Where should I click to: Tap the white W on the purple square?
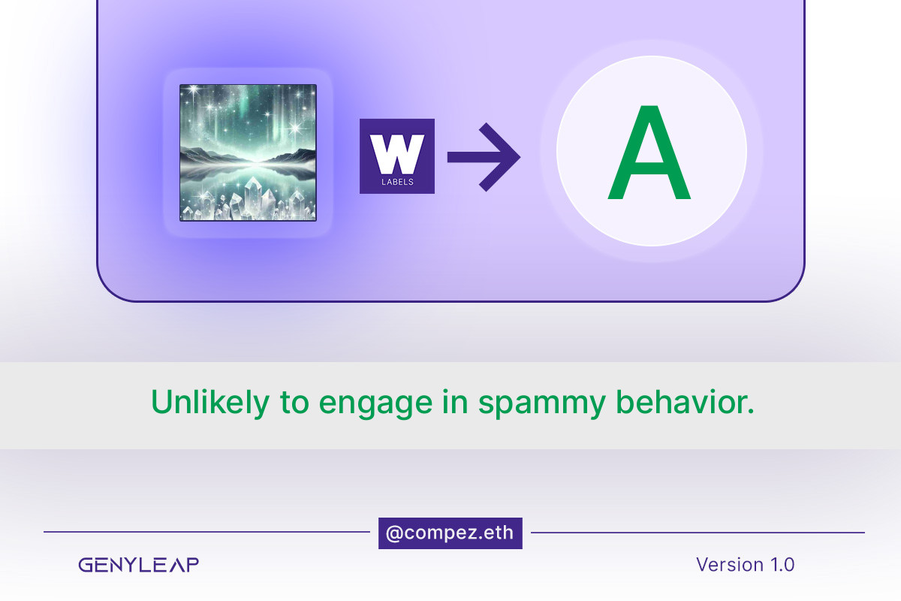coord(397,154)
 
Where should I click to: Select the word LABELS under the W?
coord(397,182)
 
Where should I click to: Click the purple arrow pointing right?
coord(484,157)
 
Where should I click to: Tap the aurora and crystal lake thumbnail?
coord(249,153)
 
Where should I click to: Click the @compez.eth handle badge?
coord(450,533)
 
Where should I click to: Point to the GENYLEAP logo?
coord(138,564)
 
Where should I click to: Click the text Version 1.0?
coord(746,564)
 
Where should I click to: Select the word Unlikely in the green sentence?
coord(210,402)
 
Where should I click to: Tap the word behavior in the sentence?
coord(686,401)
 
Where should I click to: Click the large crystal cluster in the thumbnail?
coord(258,198)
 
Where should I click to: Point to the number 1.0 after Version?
coord(782,565)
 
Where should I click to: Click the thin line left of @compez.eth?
coord(206,532)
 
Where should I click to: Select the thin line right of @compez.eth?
coord(698,533)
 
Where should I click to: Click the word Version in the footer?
coord(730,564)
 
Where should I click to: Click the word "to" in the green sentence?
coord(294,402)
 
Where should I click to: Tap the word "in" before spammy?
coord(455,401)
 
